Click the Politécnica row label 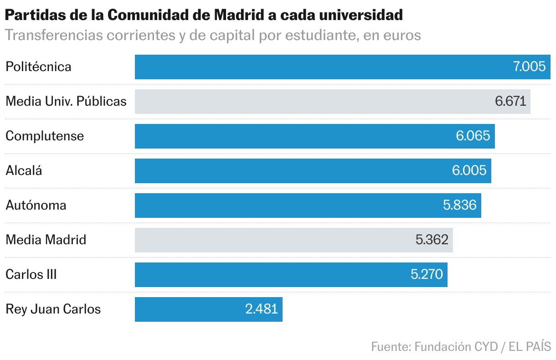coord(38,67)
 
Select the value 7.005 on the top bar coord(529,67)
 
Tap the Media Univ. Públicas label coord(66,101)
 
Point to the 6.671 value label coord(510,101)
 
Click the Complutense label coord(45,136)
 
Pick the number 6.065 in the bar coord(473,136)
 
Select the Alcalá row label coord(24,170)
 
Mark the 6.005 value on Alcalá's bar coord(469,170)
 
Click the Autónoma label coord(36,205)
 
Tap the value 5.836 coord(459,205)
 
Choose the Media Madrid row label coord(46,240)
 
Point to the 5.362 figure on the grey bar coord(432,240)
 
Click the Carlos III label coord(31,274)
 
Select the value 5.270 coord(427,274)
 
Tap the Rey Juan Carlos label coord(53,309)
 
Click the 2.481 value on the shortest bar coord(261,309)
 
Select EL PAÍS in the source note coord(530,346)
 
